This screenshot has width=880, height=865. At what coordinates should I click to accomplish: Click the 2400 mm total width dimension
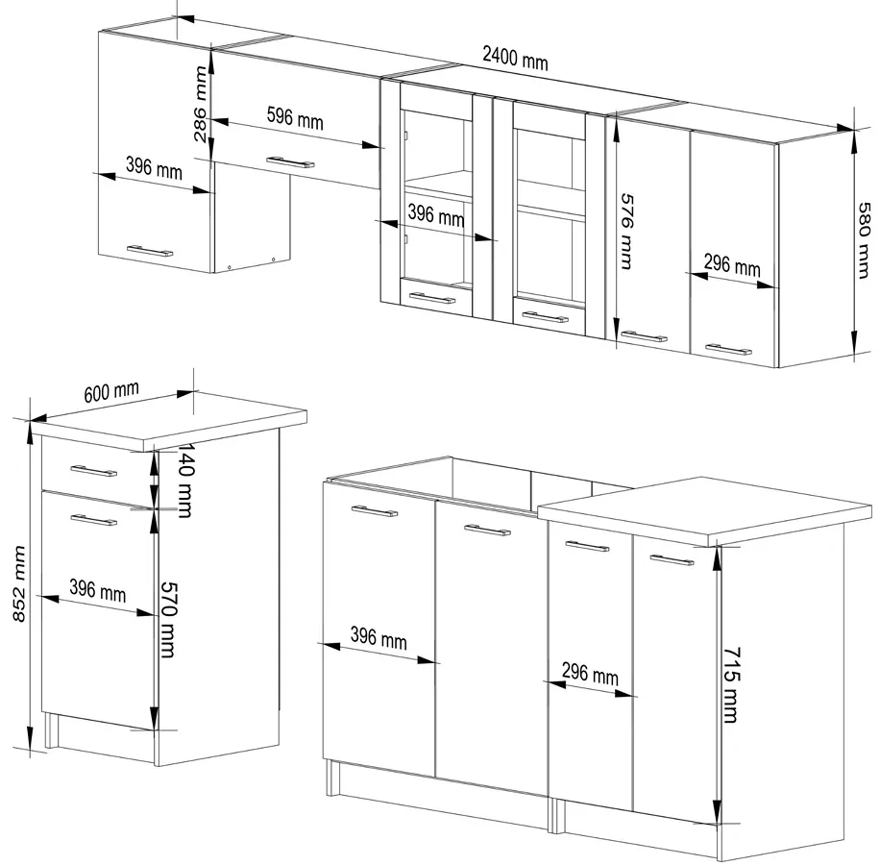pos(515,58)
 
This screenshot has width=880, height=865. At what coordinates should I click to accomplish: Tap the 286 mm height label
pos(200,105)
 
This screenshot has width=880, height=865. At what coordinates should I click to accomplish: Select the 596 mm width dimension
pos(295,118)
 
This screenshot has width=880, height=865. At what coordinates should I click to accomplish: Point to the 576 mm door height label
pos(627,232)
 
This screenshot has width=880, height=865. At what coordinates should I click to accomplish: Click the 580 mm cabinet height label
pos(865,240)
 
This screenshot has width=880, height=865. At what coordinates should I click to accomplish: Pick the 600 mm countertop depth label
pos(111,392)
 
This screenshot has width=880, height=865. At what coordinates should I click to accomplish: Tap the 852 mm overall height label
pos(19,583)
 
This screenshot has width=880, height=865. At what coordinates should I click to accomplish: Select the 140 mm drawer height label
pos(185,480)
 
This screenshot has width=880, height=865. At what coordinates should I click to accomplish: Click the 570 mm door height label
pos(168,619)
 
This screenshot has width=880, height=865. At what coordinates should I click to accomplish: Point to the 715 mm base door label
pos(731,685)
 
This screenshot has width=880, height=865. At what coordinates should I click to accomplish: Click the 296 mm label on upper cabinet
pos(732,264)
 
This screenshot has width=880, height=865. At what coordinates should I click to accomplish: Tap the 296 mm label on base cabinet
pos(590,673)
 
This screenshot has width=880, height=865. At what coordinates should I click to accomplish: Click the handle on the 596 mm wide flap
pos(290,162)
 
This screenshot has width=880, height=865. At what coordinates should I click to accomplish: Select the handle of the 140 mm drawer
pos(94,471)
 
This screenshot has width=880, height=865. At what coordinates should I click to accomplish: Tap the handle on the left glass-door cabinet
pos(432,298)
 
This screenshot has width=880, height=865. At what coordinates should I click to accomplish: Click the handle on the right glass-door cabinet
pos(545,317)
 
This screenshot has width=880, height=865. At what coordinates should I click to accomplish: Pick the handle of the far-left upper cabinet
pos(150,250)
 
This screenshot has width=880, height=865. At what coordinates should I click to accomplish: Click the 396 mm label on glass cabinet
pos(436,215)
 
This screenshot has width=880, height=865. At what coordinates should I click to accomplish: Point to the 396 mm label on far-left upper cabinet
pos(154,167)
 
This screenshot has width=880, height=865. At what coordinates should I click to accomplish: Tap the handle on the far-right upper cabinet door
pos(728,349)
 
